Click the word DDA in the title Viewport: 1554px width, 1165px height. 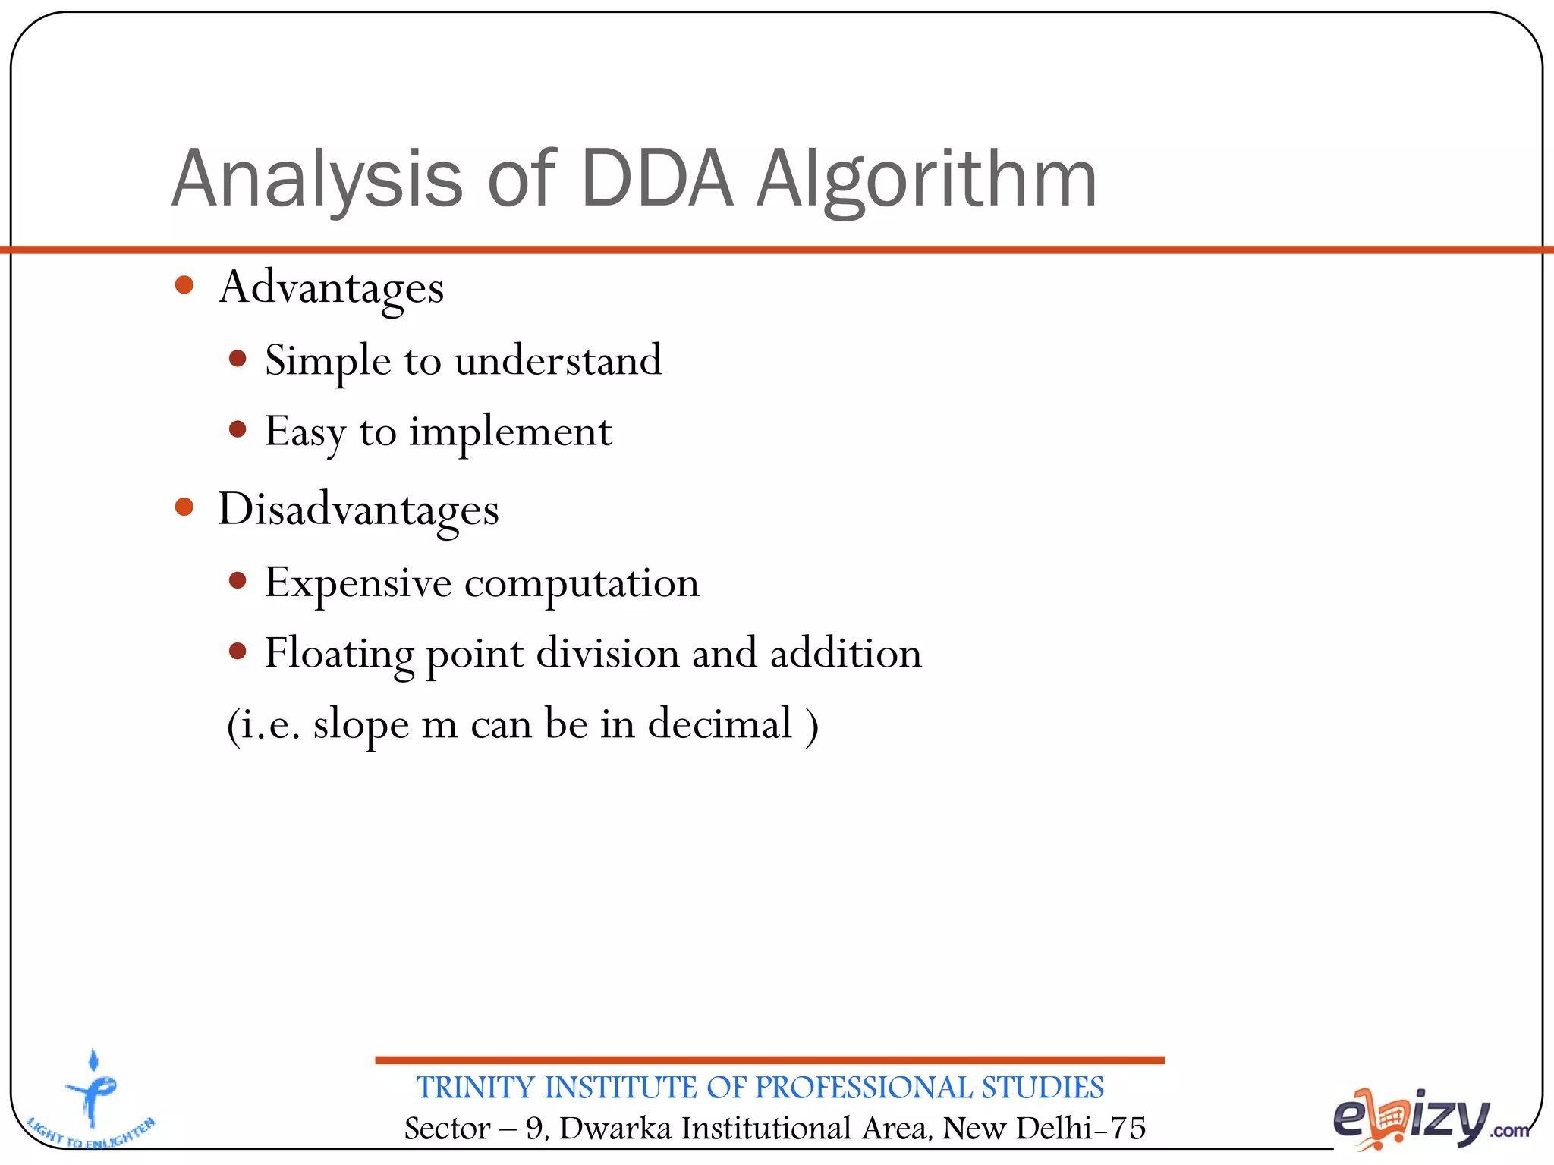(657, 179)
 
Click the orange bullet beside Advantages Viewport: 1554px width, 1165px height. (184, 286)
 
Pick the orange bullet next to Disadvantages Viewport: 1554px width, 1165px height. (184, 507)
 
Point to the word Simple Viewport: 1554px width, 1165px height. (328, 361)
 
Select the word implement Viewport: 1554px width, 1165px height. (510, 433)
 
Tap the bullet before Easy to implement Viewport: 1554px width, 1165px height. (238, 430)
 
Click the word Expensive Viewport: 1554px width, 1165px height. (358, 583)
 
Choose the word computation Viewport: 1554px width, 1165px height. (581, 584)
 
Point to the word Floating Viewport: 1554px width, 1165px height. (339, 654)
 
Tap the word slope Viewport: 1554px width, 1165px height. (360, 724)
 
